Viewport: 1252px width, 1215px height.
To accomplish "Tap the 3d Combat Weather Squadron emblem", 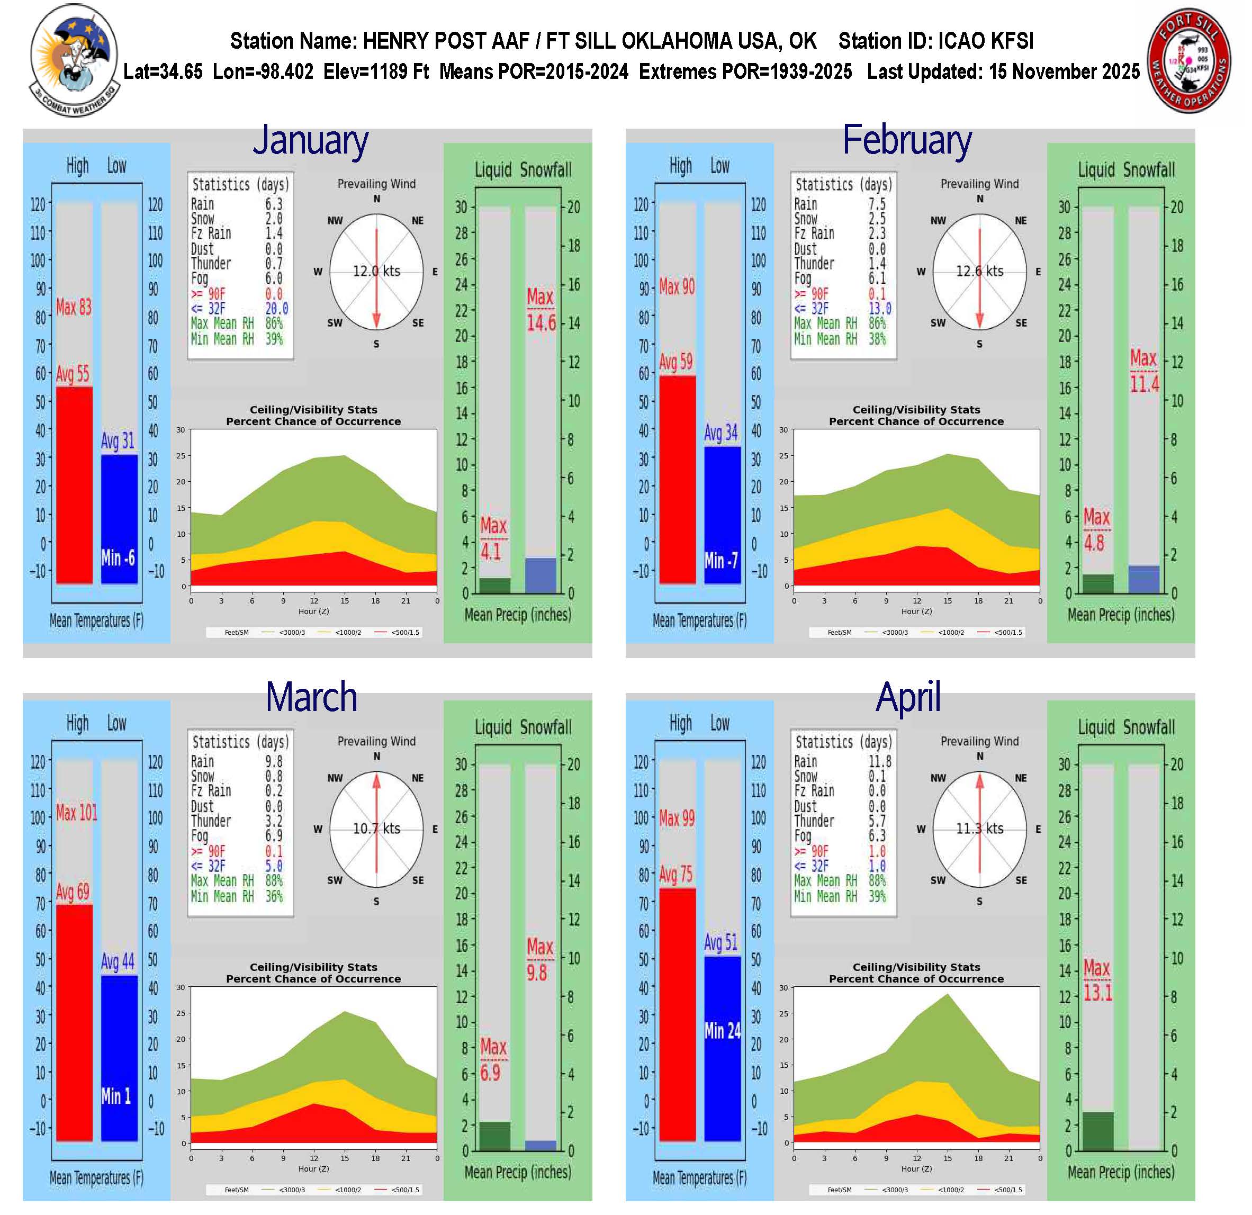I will point(74,59).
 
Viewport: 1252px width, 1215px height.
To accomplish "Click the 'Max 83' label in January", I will point(74,308).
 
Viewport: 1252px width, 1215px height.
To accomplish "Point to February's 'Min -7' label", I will point(721,561).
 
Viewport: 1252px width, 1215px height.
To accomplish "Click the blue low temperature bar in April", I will point(723,1048).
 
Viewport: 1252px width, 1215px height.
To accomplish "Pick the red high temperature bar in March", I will point(74,1022).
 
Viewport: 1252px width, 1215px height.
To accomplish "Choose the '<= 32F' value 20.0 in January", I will point(276,309).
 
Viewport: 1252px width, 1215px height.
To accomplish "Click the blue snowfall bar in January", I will point(541,575).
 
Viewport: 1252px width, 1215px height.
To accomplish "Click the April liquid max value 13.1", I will point(1097,993).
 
